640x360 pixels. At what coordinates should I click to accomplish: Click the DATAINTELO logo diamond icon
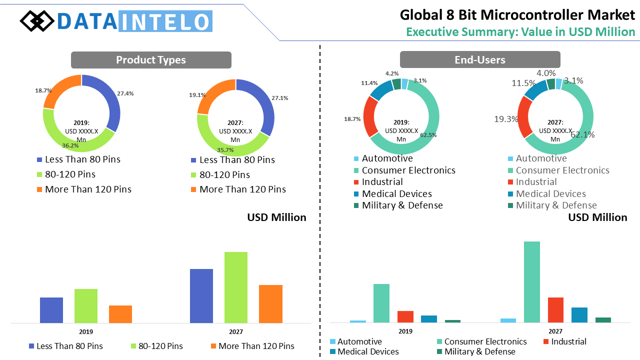click(x=37, y=21)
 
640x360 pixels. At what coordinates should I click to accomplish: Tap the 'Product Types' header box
click(x=151, y=60)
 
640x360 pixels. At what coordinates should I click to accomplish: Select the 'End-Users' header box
click(x=479, y=60)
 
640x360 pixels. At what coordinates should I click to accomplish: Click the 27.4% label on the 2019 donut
click(x=125, y=93)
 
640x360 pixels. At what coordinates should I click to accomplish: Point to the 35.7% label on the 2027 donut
click(x=225, y=149)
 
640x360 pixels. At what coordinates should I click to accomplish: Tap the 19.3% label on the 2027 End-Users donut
click(x=505, y=119)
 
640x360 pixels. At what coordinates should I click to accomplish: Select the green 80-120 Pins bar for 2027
click(x=236, y=287)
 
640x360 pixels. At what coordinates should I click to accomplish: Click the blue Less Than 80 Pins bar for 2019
click(x=51, y=310)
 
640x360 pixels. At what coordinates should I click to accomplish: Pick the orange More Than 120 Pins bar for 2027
click(x=270, y=303)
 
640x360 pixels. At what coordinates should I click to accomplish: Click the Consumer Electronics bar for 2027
click(x=531, y=281)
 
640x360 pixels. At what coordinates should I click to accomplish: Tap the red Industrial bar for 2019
click(x=405, y=316)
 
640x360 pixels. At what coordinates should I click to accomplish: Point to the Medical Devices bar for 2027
click(x=579, y=315)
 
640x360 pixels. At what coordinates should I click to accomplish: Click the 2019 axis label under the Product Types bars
click(x=86, y=331)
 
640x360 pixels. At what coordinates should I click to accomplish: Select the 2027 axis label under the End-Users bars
click(x=555, y=331)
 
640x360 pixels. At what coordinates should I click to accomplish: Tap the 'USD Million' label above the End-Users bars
click(x=597, y=217)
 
